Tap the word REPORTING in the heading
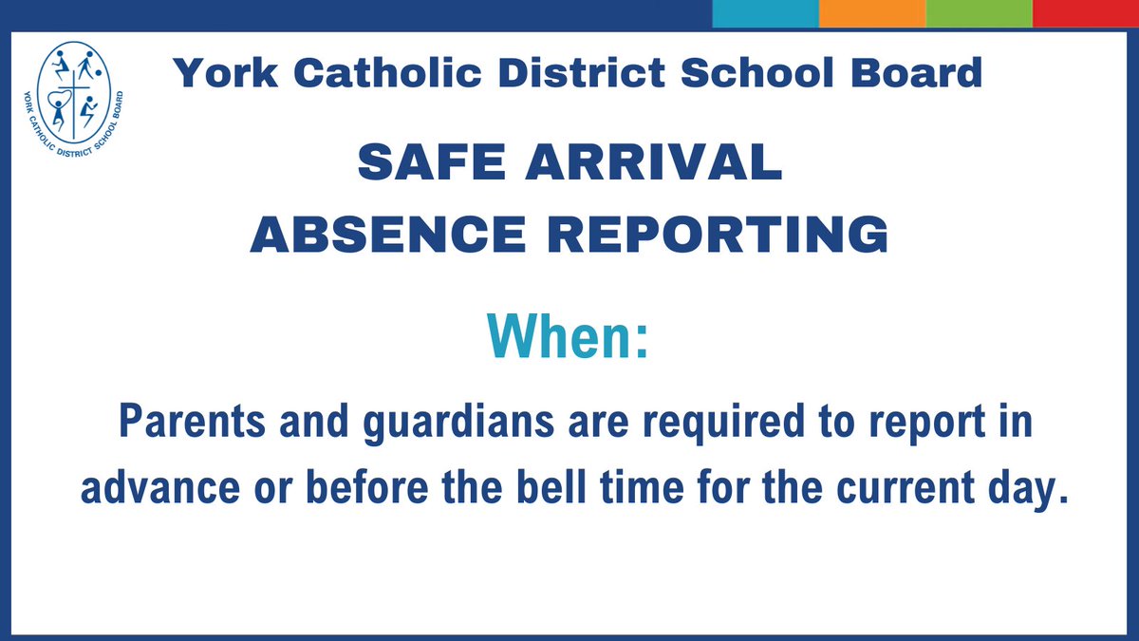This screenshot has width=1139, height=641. click(x=725, y=235)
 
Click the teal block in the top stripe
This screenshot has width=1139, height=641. click(x=765, y=13)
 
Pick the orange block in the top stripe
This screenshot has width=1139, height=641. click(x=871, y=13)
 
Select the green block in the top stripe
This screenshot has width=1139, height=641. click(x=979, y=13)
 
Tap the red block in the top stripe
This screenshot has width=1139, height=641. click(x=1086, y=13)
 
